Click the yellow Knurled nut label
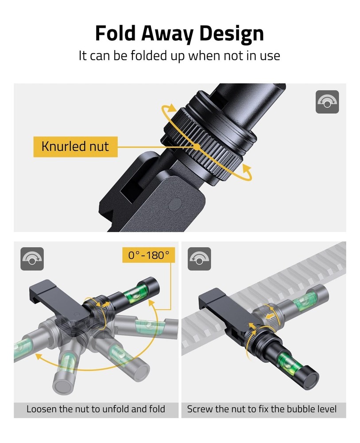point(75,146)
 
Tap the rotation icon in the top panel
point(327,102)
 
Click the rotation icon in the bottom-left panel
point(32,259)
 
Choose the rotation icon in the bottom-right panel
point(200,259)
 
